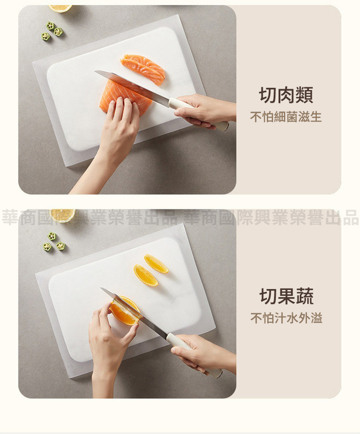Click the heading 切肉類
286,95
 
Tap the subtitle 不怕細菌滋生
286,117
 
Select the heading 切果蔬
286,296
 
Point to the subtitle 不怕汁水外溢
286,318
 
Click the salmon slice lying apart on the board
143,69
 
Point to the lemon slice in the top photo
61,8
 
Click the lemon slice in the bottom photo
63,215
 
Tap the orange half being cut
125,311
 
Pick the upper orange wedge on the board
156,264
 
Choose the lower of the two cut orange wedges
145,276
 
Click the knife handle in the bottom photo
193,355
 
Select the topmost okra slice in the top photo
50,26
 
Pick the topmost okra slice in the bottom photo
52,236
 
